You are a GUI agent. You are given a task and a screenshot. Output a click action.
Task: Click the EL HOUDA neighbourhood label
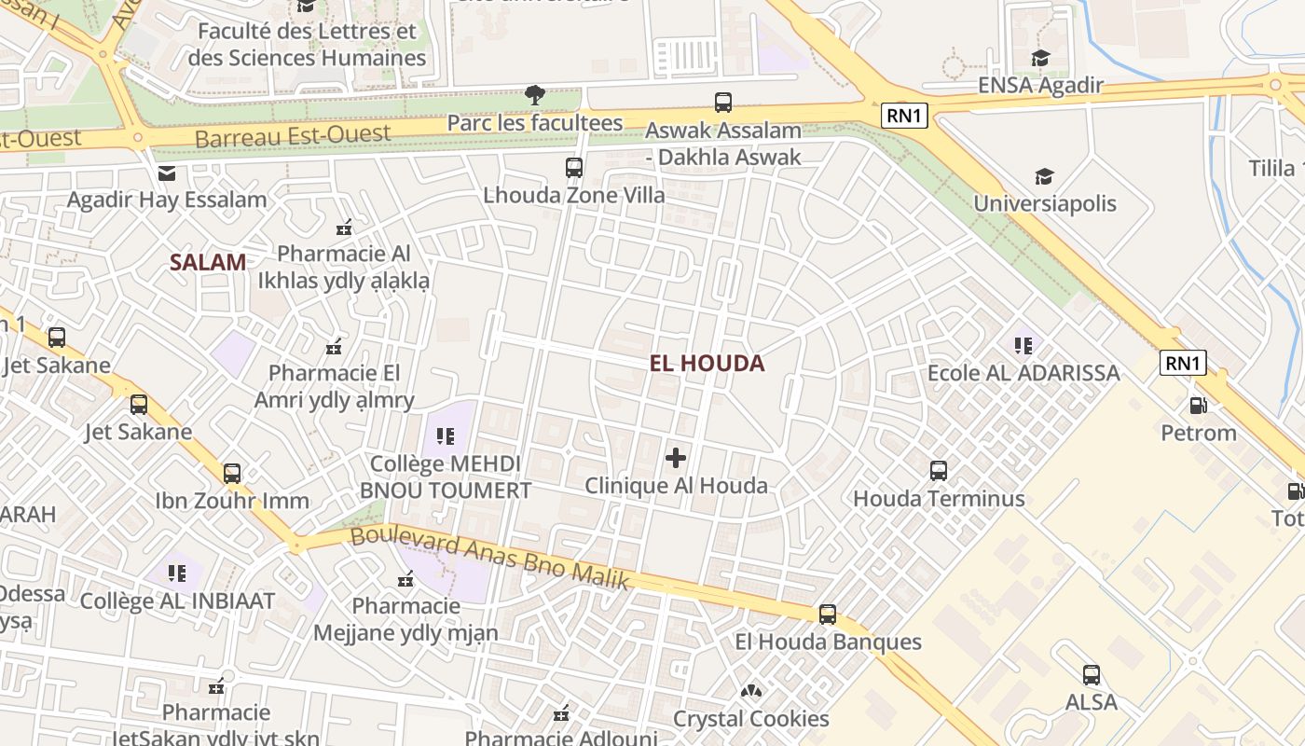(707, 364)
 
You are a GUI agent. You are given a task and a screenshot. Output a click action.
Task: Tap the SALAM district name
(208, 262)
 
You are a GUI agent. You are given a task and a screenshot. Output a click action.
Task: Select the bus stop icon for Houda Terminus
(939, 471)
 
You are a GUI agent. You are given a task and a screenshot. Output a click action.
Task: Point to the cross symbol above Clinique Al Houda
(676, 458)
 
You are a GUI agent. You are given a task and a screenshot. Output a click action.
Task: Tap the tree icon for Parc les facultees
(534, 94)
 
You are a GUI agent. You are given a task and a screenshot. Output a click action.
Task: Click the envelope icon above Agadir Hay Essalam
(167, 173)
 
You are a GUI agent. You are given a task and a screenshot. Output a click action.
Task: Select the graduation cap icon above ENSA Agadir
(1040, 59)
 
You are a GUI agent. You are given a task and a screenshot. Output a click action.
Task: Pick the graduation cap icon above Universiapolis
(1044, 176)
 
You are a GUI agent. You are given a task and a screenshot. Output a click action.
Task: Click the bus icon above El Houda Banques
(827, 615)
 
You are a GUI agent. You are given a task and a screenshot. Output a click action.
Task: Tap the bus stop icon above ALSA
(1091, 674)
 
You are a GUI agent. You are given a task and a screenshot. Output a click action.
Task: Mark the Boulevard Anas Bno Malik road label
(490, 558)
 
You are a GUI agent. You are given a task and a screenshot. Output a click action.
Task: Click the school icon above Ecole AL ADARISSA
(1023, 346)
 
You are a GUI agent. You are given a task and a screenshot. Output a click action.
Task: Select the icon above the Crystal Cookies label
(750, 692)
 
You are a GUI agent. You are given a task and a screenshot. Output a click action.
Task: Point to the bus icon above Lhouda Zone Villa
(573, 168)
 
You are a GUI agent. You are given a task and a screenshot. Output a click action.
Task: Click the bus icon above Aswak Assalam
(722, 103)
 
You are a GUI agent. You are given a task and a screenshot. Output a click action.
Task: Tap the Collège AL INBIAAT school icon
(177, 573)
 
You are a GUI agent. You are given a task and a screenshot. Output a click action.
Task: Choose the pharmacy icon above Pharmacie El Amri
(334, 347)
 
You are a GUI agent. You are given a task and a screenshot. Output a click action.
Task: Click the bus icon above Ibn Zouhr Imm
(232, 473)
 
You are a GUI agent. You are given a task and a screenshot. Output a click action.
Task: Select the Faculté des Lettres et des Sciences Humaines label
(307, 44)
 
